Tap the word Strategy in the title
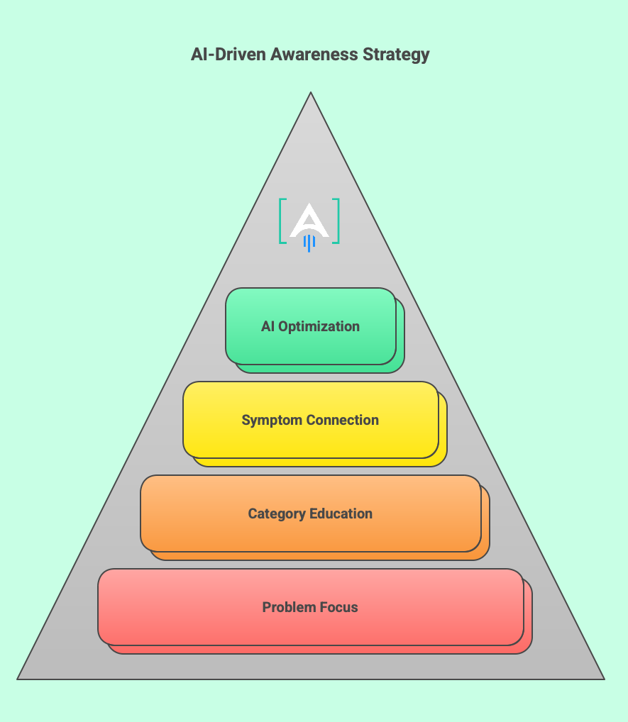pyautogui.click(x=399, y=55)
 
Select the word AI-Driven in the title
pyautogui.click(x=228, y=55)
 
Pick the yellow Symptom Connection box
pyautogui.click(x=311, y=440)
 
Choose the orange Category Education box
pyautogui.click(x=311, y=533)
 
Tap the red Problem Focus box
pyautogui.click(x=311, y=627)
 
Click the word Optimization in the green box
pyautogui.click(x=319, y=327)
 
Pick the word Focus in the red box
pyautogui.click(x=340, y=607)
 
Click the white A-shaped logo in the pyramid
pyautogui.click(x=309, y=220)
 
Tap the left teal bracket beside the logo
pyautogui.click(x=282, y=221)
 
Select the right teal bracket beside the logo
pyautogui.click(x=336, y=221)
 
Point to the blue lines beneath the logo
pyautogui.click(x=309, y=243)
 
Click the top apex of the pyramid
pyautogui.click(x=311, y=93)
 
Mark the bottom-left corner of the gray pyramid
pyautogui.click(x=19, y=678)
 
